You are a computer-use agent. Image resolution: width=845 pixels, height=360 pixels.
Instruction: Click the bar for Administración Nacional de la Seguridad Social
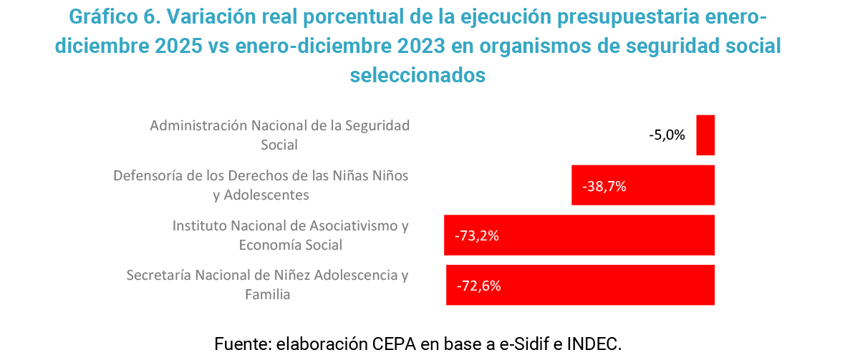click(705, 135)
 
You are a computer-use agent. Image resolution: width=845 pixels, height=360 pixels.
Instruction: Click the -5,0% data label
click(667, 135)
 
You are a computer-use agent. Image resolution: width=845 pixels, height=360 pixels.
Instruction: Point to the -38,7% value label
click(604, 186)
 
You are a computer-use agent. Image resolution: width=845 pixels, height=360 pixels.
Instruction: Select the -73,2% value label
click(476, 235)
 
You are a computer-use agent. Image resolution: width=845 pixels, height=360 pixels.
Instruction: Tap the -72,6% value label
click(478, 286)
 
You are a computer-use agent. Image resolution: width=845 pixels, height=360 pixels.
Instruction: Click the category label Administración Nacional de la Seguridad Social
click(279, 135)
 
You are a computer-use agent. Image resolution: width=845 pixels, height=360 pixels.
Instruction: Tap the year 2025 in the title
click(178, 45)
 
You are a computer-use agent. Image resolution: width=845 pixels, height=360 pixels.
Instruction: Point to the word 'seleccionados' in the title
click(417, 74)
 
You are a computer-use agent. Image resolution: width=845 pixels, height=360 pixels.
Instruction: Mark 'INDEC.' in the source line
click(594, 344)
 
